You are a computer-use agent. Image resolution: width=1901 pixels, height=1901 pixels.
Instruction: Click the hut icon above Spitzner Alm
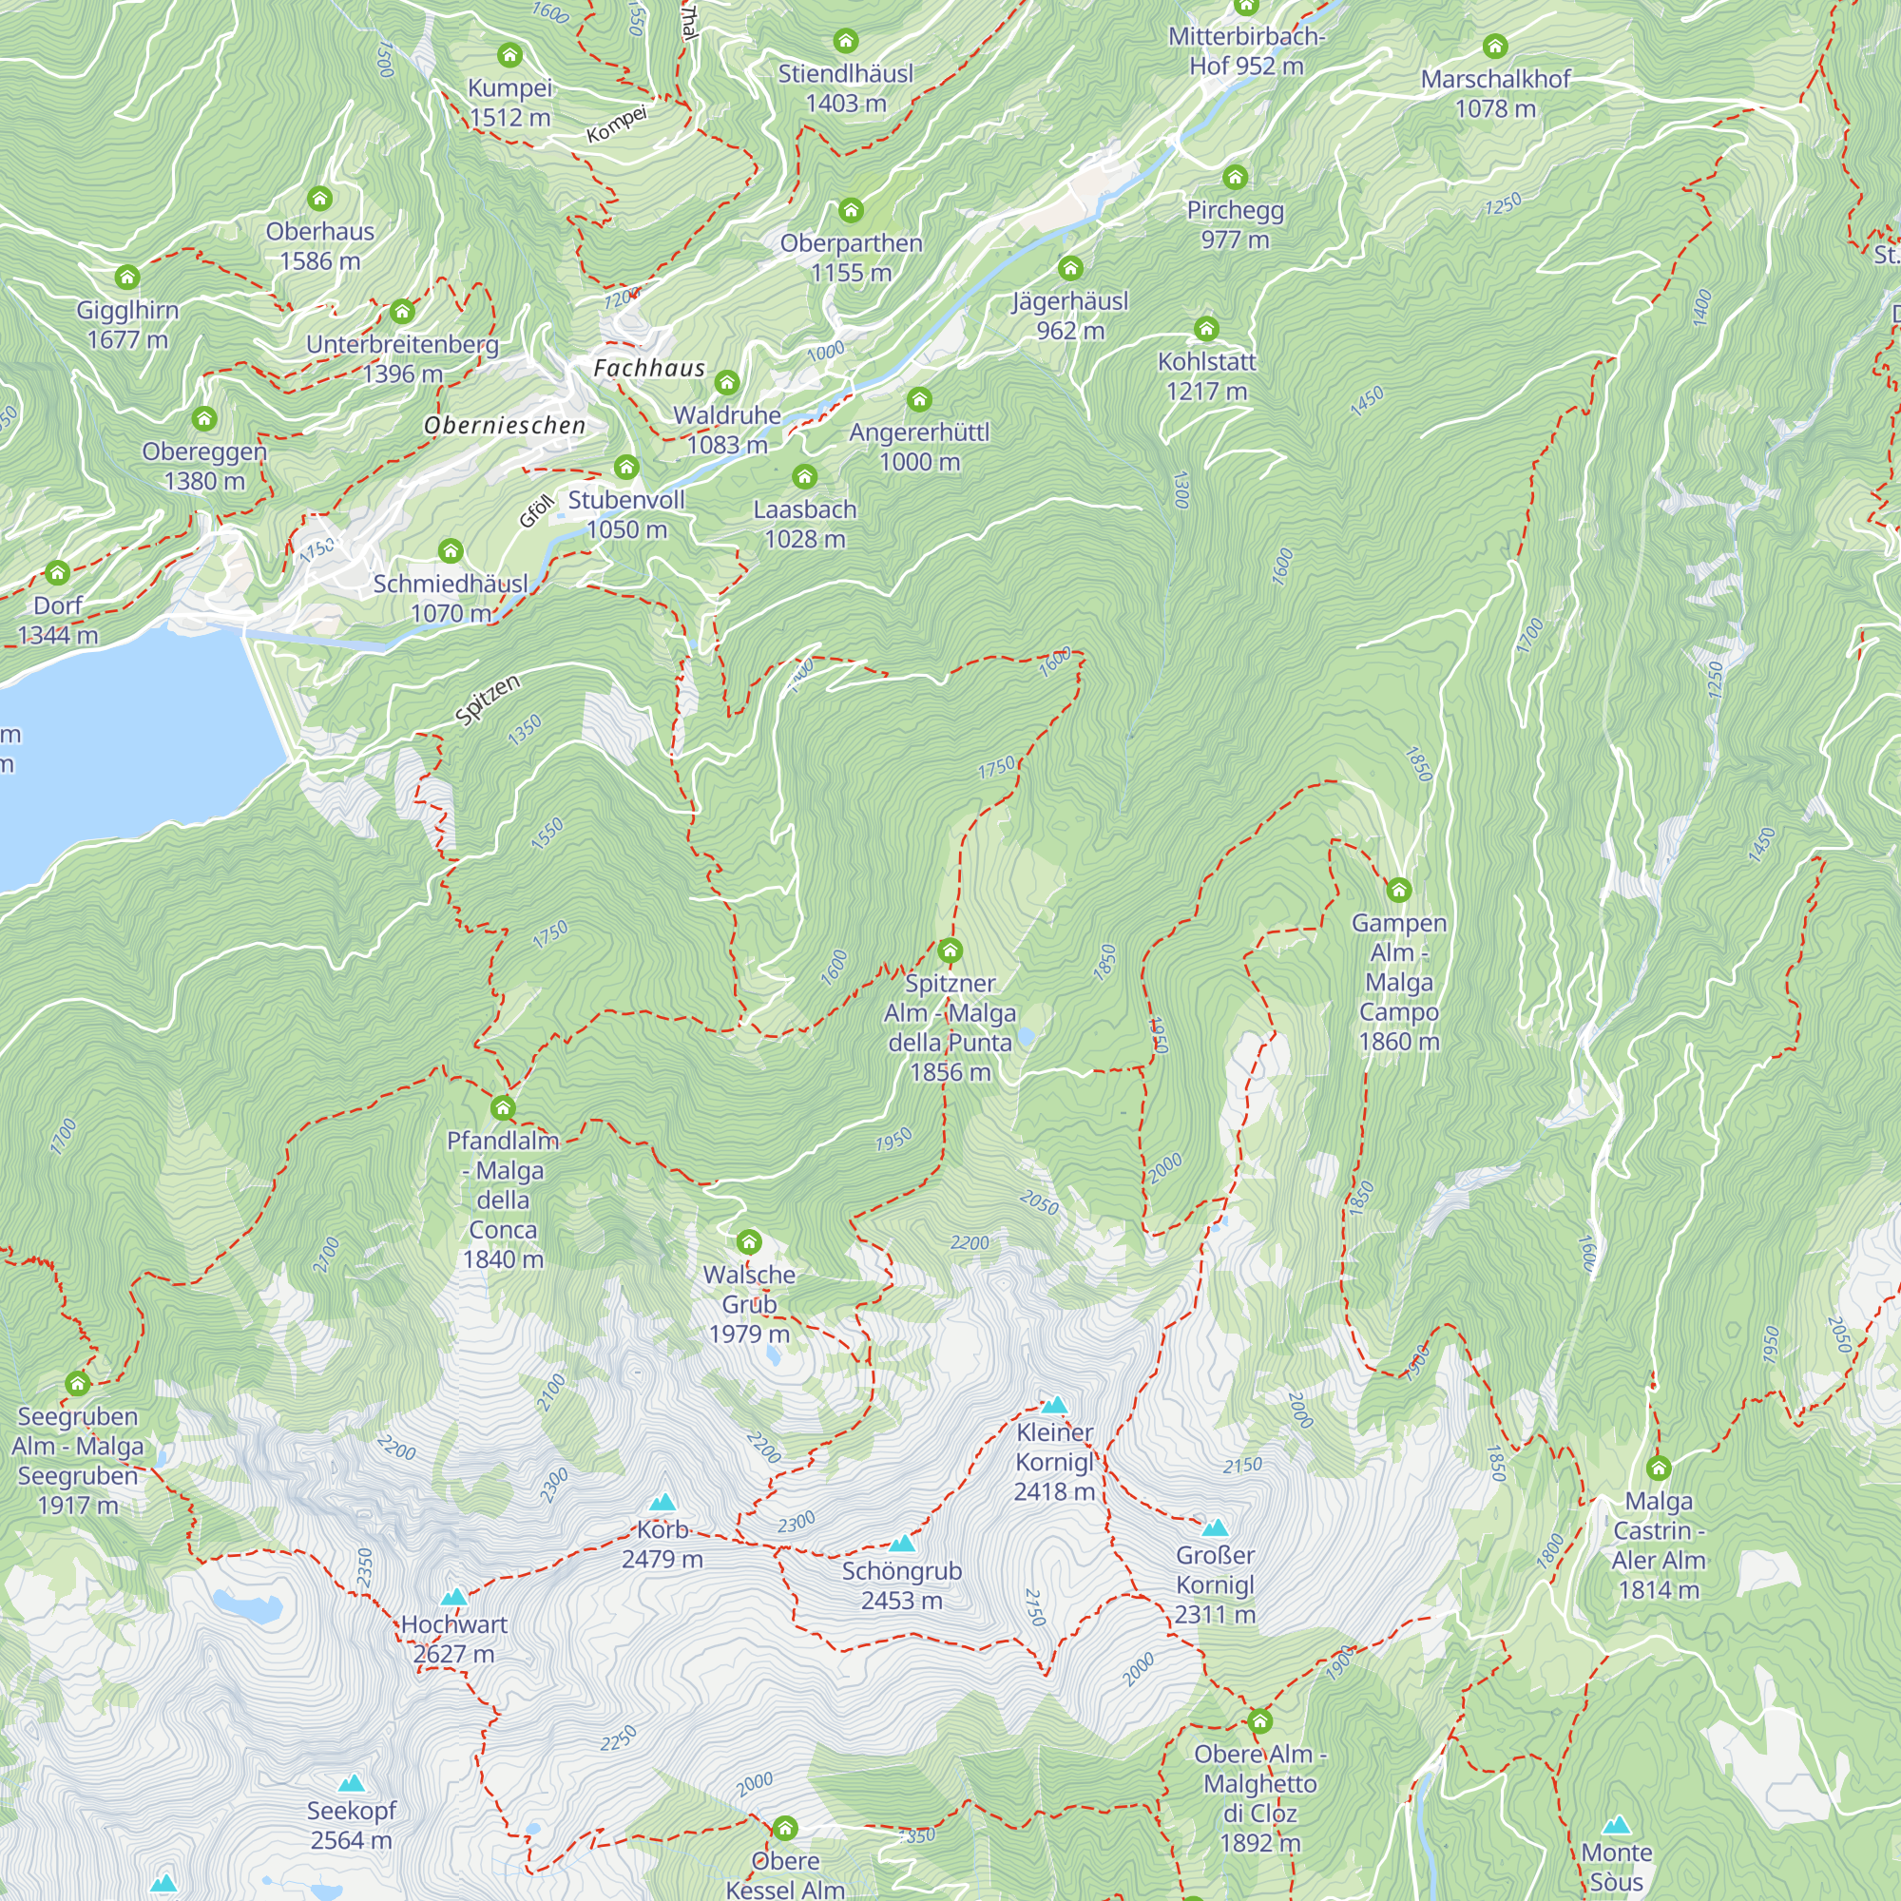pos(950,950)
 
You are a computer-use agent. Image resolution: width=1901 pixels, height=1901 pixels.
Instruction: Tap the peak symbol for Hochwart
pos(453,1597)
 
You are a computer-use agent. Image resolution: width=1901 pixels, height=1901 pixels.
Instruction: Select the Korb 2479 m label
pos(662,1545)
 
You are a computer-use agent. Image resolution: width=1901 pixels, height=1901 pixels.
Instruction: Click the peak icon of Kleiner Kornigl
pos(1054,1405)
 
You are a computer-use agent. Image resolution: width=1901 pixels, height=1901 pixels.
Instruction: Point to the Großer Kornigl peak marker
pos(1215,1528)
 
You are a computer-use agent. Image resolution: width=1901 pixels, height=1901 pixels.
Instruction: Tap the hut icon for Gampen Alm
pos(1398,891)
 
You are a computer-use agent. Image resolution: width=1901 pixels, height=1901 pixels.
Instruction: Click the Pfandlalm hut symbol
pos(503,1108)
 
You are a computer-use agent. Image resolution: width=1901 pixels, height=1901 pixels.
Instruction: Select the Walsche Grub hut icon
pos(749,1240)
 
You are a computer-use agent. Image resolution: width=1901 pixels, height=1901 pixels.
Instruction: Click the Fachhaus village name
pos(649,368)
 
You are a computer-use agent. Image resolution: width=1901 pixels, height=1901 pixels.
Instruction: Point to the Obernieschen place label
pos(505,425)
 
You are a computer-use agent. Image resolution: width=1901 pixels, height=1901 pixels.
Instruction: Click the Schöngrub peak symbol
pos(901,1544)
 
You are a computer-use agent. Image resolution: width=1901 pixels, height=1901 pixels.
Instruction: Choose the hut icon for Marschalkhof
pos(1494,46)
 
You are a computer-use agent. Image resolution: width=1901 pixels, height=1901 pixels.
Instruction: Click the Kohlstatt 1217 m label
pos(1206,375)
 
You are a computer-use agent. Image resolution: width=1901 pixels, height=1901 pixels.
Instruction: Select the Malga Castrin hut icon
pos(1658,1469)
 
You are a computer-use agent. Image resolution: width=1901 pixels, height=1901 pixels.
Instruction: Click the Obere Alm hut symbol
pos(1259,1722)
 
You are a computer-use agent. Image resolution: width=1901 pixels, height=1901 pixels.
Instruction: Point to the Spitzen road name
pos(488,701)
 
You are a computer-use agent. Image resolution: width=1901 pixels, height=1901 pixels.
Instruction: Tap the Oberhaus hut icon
pos(319,199)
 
